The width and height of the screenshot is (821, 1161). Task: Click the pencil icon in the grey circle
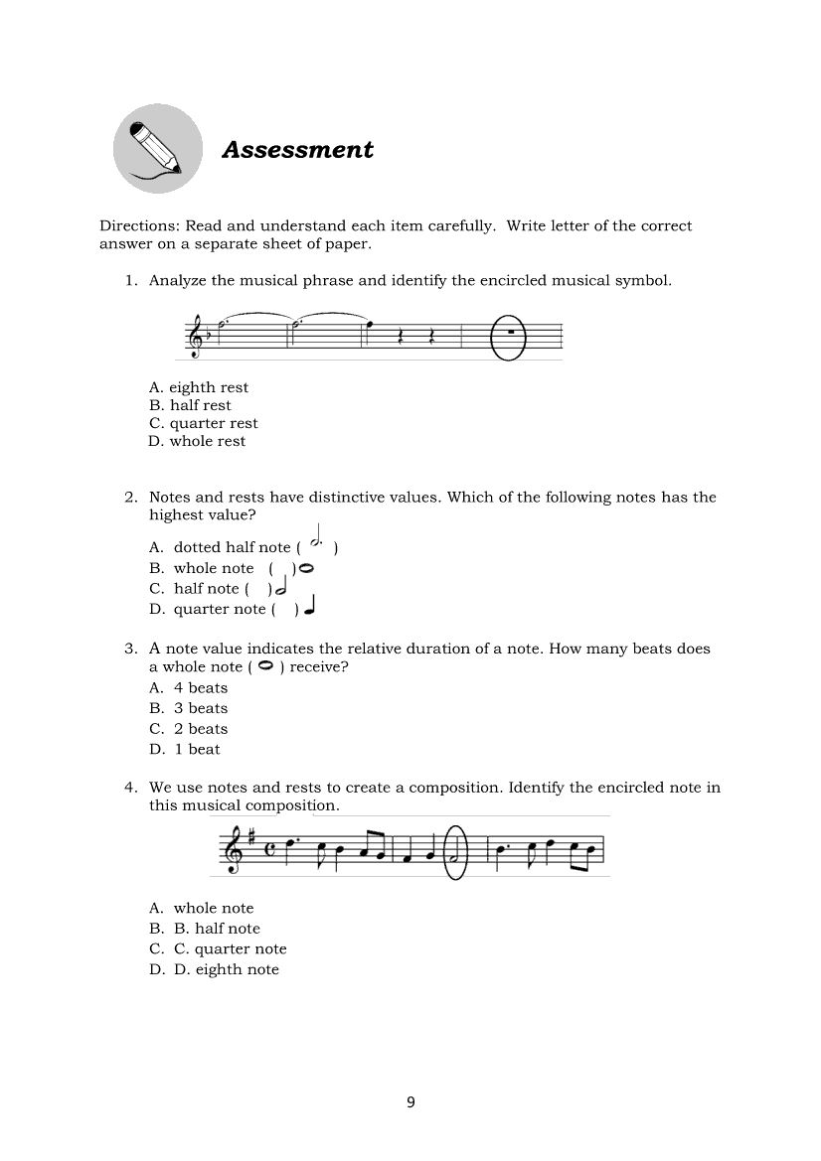pyautogui.click(x=157, y=149)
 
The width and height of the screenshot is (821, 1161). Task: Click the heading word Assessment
pyautogui.click(x=297, y=150)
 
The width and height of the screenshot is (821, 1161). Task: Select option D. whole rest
pyautogui.click(x=197, y=441)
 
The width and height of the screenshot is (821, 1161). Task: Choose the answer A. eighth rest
pyautogui.click(x=198, y=387)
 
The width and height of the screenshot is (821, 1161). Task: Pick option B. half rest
pyautogui.click(x=189, y=405)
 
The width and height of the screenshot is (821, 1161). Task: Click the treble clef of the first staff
pyautogui.click(x=198, y=337)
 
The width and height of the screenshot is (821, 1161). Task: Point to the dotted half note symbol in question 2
pyautogui.click(x=317, y=541)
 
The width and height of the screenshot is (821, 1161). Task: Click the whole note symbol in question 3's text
pyautogui.click(x=264, y=666)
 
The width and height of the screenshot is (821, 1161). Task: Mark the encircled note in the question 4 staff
pyautogui.click(x=454, y=852)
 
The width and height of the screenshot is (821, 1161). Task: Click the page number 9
pyautogui.click(x=410, y=1101)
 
